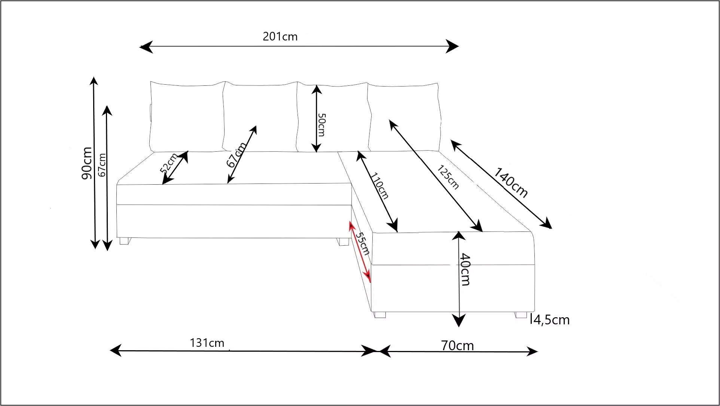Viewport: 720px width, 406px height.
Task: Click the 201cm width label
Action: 280,37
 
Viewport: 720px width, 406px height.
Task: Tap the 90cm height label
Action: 87,163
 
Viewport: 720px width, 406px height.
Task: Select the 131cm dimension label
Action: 207,343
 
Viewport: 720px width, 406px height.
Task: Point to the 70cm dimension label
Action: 457,345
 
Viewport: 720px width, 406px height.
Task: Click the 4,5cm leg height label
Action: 551,320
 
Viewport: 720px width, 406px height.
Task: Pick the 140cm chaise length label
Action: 511,183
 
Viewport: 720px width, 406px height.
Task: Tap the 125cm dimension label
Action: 448,177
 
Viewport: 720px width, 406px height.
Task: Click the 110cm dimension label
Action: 379,185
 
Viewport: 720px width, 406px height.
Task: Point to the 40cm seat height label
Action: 465,270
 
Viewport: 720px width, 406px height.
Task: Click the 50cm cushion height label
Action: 321,125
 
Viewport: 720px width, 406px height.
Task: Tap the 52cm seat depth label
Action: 169,163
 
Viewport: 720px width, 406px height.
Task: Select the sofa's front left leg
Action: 124,241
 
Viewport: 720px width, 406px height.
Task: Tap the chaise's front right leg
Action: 521,315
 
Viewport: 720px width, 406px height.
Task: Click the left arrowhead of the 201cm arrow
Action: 146,47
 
